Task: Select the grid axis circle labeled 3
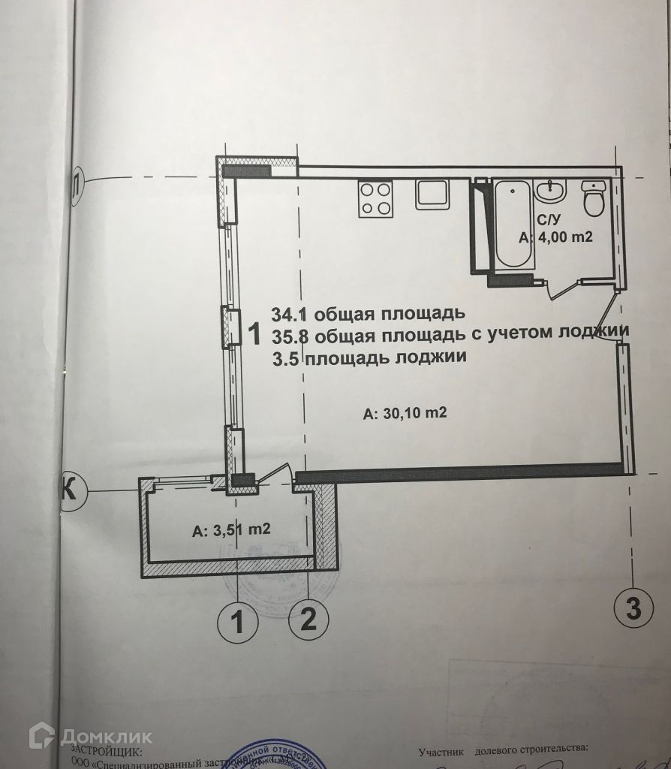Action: tap(633, 609)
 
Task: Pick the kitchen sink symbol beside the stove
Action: tap(433, 196)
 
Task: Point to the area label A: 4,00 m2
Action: tap(556, 239)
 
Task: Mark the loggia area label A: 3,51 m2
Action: tap(230, 530)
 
